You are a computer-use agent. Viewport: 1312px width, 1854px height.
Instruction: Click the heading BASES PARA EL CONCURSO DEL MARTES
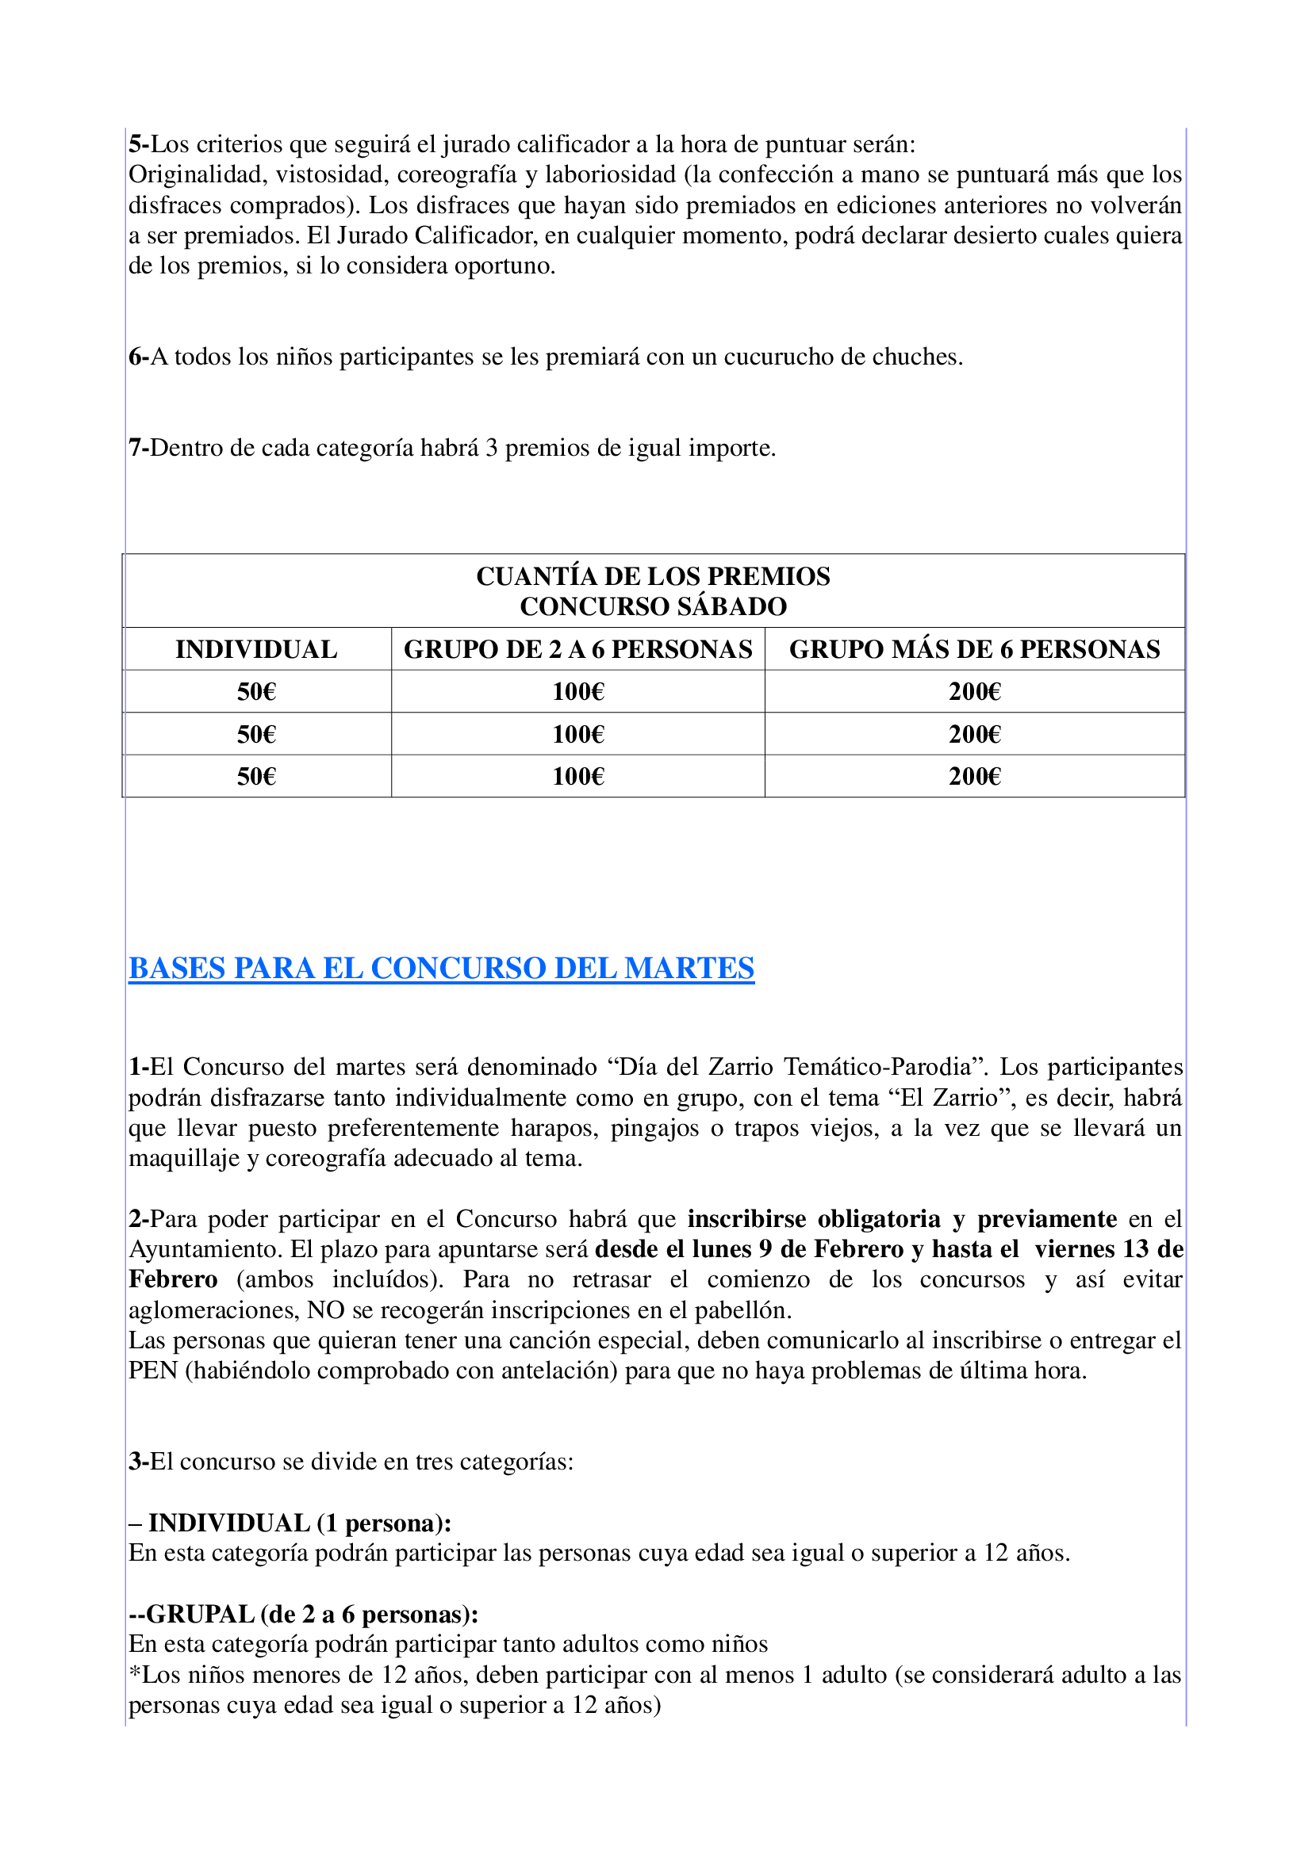pyautogui.click(x=441, y=968)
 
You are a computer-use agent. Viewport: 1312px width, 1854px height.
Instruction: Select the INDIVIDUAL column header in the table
pyautogui.click(x=256, y=649)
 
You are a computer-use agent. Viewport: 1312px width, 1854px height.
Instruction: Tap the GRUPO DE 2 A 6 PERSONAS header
pyautogui.click(x=577, y=649)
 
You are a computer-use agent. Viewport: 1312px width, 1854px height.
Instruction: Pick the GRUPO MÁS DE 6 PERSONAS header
pyautogui.click(x=974, y=649)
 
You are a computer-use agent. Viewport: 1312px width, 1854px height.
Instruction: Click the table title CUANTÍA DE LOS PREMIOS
pyautogui.click(x=653, y=575)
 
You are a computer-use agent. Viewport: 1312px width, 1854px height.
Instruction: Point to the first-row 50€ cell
pyautogui.click(x=256, y=692)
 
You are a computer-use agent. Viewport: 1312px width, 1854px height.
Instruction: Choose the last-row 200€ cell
pyautogui.click(x=974, y=777)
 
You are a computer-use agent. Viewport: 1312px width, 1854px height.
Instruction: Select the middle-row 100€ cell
pyautogui.click(x=577, y=734)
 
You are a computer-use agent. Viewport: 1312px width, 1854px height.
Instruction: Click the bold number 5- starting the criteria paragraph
pyautogui.click(x=138, y=144)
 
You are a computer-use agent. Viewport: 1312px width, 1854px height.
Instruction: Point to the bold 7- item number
pyautogui.click(x=138, y=448)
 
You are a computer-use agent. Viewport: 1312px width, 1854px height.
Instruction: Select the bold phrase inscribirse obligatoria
pyautogui.click(x=814, y=1218)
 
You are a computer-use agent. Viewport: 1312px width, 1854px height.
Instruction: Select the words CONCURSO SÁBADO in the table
pyautogui.click(x=653, y=606)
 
